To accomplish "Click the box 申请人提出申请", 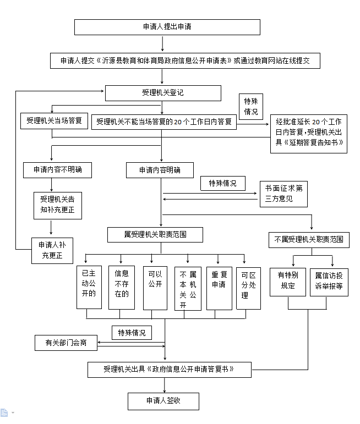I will pyautogui.click(x=167, y=26).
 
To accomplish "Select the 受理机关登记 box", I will pyautogui.click(x=162, y=93).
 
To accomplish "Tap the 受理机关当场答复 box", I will pyautogui.click(x=54, y=120).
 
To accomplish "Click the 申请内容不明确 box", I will pyautogui.click(x=57, y=170).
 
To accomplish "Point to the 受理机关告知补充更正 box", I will pyautogui.click(x=57, y=203).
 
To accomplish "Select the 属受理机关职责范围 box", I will pyautogui.click(x=155, y=235).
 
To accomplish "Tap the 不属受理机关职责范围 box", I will pyautogui.click(x=308, y=240).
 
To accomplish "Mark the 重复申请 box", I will pyautogui.click(x=219, y=287).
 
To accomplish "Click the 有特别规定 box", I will pyautogui.click(x=287, y=281).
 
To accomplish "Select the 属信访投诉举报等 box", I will pyautogui.click(x=329, y=281).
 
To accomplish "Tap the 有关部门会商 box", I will pyautogui.click(x=66, y=343).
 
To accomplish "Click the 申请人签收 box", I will pyautogui.click(x=163, y=401).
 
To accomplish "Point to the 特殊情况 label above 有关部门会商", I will pyautogui.click(x=132, y=333).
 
